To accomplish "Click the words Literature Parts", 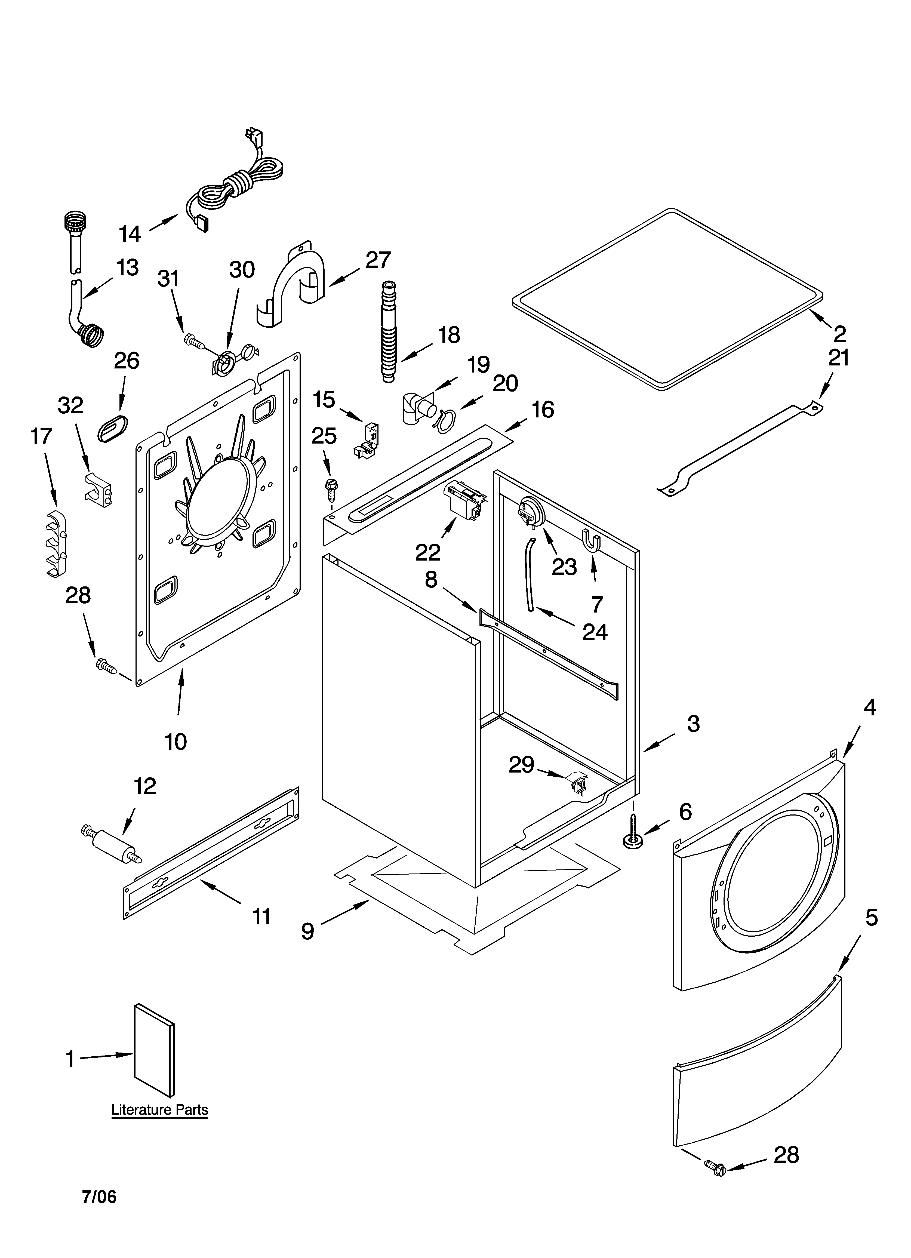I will (x=160, y=1110).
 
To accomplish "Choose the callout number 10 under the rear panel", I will (x=176, y=741).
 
